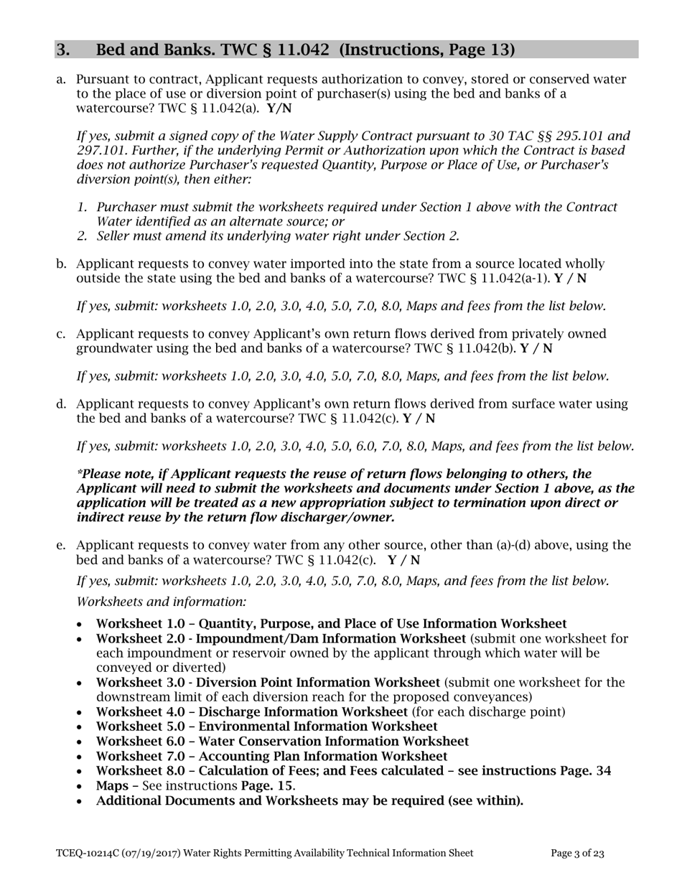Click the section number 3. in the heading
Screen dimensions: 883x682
tap(63, 50)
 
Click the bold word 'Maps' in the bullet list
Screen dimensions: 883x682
tap(112, 786)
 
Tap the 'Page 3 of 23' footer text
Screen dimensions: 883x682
tap(577, 854)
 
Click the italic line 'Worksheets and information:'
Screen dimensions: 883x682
tap(162, 602)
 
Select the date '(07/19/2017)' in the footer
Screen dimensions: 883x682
tap(149, 854)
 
